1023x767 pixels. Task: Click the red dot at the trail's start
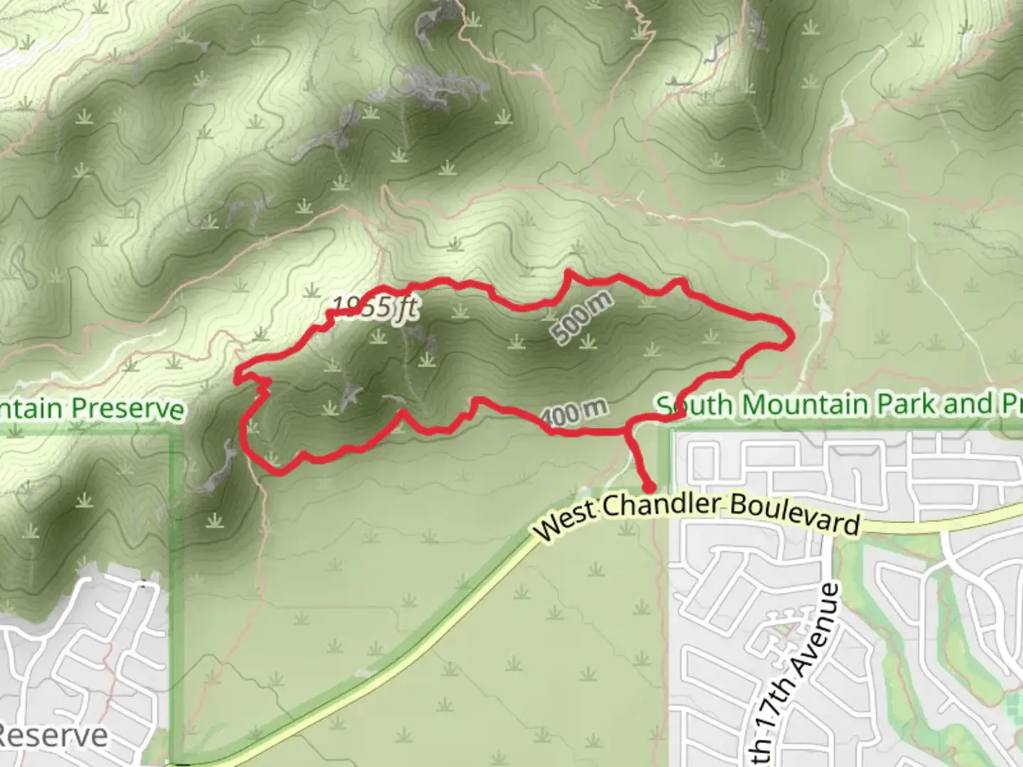(x=649, y=487)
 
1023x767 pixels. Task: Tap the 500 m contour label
(x=581, y=317)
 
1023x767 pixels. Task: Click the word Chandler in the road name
(x=661, y=504)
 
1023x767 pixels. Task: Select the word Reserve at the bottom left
(x=54, y=736)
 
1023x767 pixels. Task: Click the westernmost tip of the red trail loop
(x=236, y=374)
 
